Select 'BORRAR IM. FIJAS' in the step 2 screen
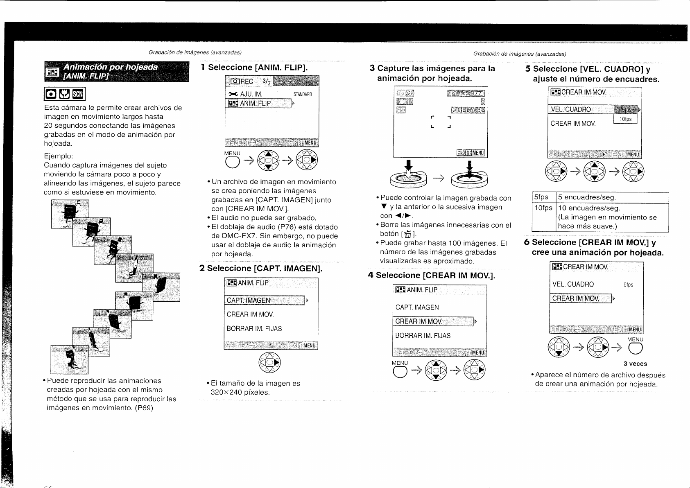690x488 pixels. [254, 329]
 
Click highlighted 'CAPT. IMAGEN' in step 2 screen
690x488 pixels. [249, 300]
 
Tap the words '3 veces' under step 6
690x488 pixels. [635, 364]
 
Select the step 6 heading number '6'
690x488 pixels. [527, 242]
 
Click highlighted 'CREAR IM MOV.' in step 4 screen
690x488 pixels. [419, 321]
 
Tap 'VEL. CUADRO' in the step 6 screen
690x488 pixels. [573, 285]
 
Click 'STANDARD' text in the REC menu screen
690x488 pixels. [303, 95]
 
